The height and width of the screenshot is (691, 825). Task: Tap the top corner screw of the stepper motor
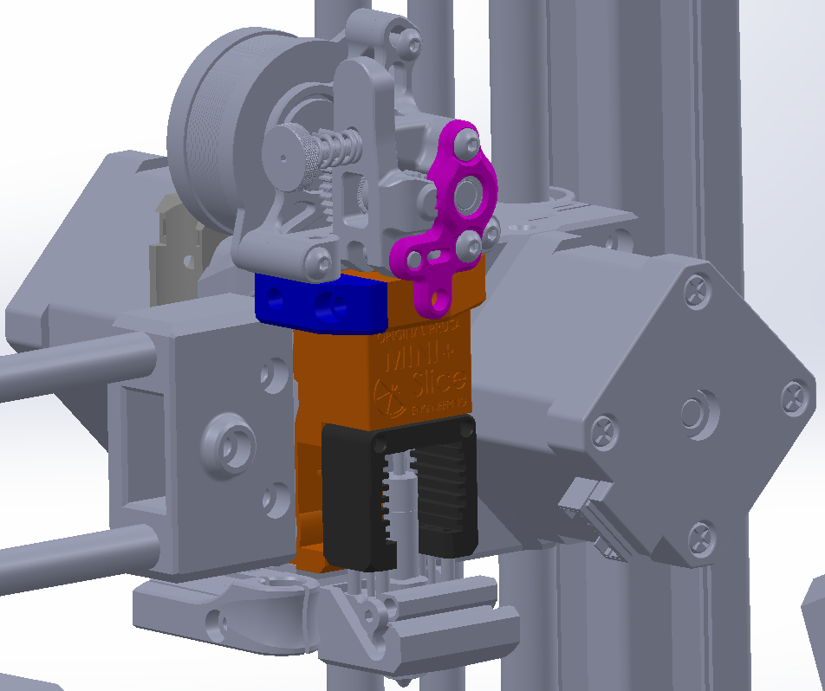(698, 289)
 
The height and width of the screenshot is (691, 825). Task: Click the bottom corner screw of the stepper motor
(700, 539)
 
